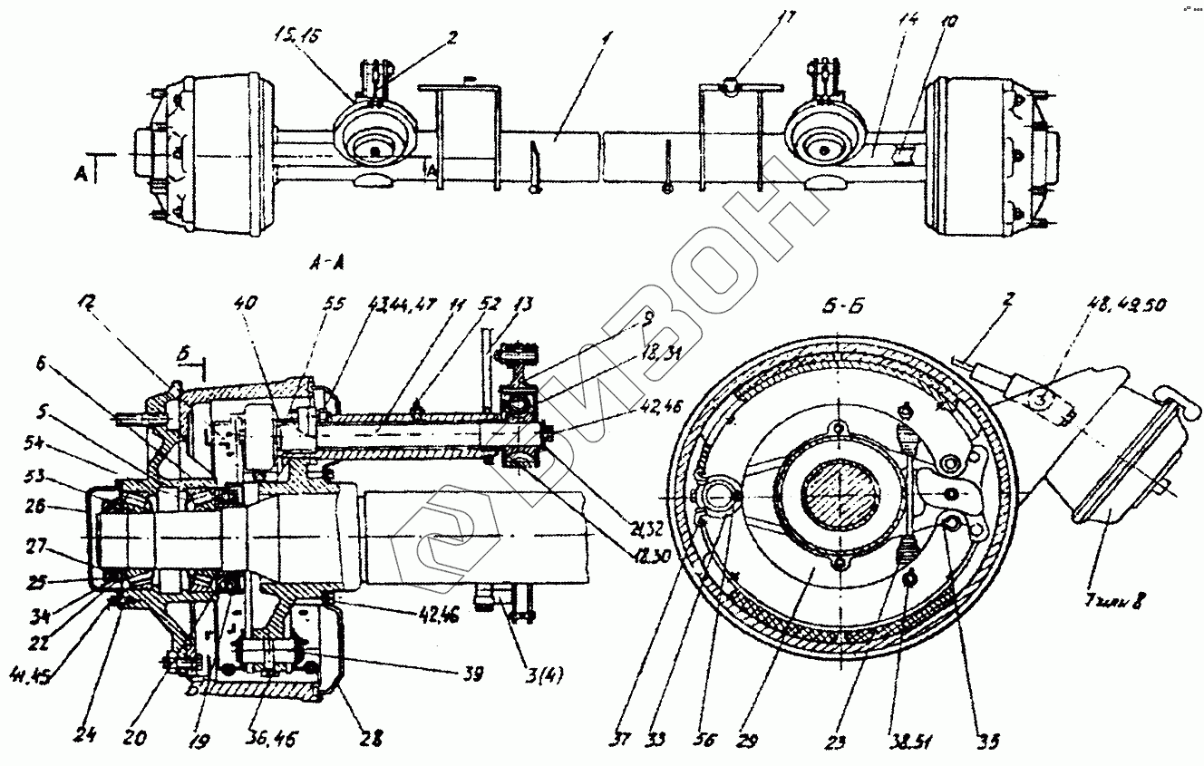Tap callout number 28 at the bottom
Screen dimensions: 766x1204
tap(371, 741)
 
